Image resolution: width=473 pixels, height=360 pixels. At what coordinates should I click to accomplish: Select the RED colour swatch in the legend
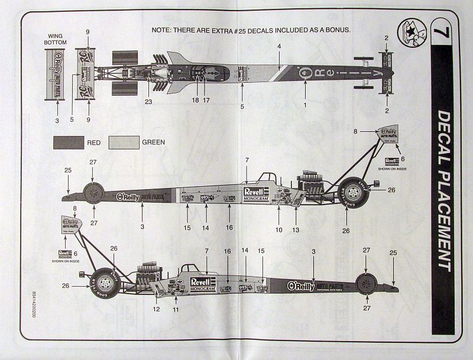(69, 142)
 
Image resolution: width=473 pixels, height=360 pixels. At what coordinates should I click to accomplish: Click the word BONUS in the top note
(336, 29)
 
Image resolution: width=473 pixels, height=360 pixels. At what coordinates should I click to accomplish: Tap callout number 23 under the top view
(148, 101)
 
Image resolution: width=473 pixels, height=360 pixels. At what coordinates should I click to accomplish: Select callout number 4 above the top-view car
(279, 46)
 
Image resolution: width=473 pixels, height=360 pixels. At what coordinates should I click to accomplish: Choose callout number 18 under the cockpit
(195, 101)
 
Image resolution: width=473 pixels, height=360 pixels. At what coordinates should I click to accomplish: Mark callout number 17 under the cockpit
(206, 101)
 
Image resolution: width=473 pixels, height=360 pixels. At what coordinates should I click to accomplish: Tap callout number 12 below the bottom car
(157, 309)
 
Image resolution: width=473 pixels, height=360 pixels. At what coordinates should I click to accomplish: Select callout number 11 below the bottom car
(176, 309)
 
